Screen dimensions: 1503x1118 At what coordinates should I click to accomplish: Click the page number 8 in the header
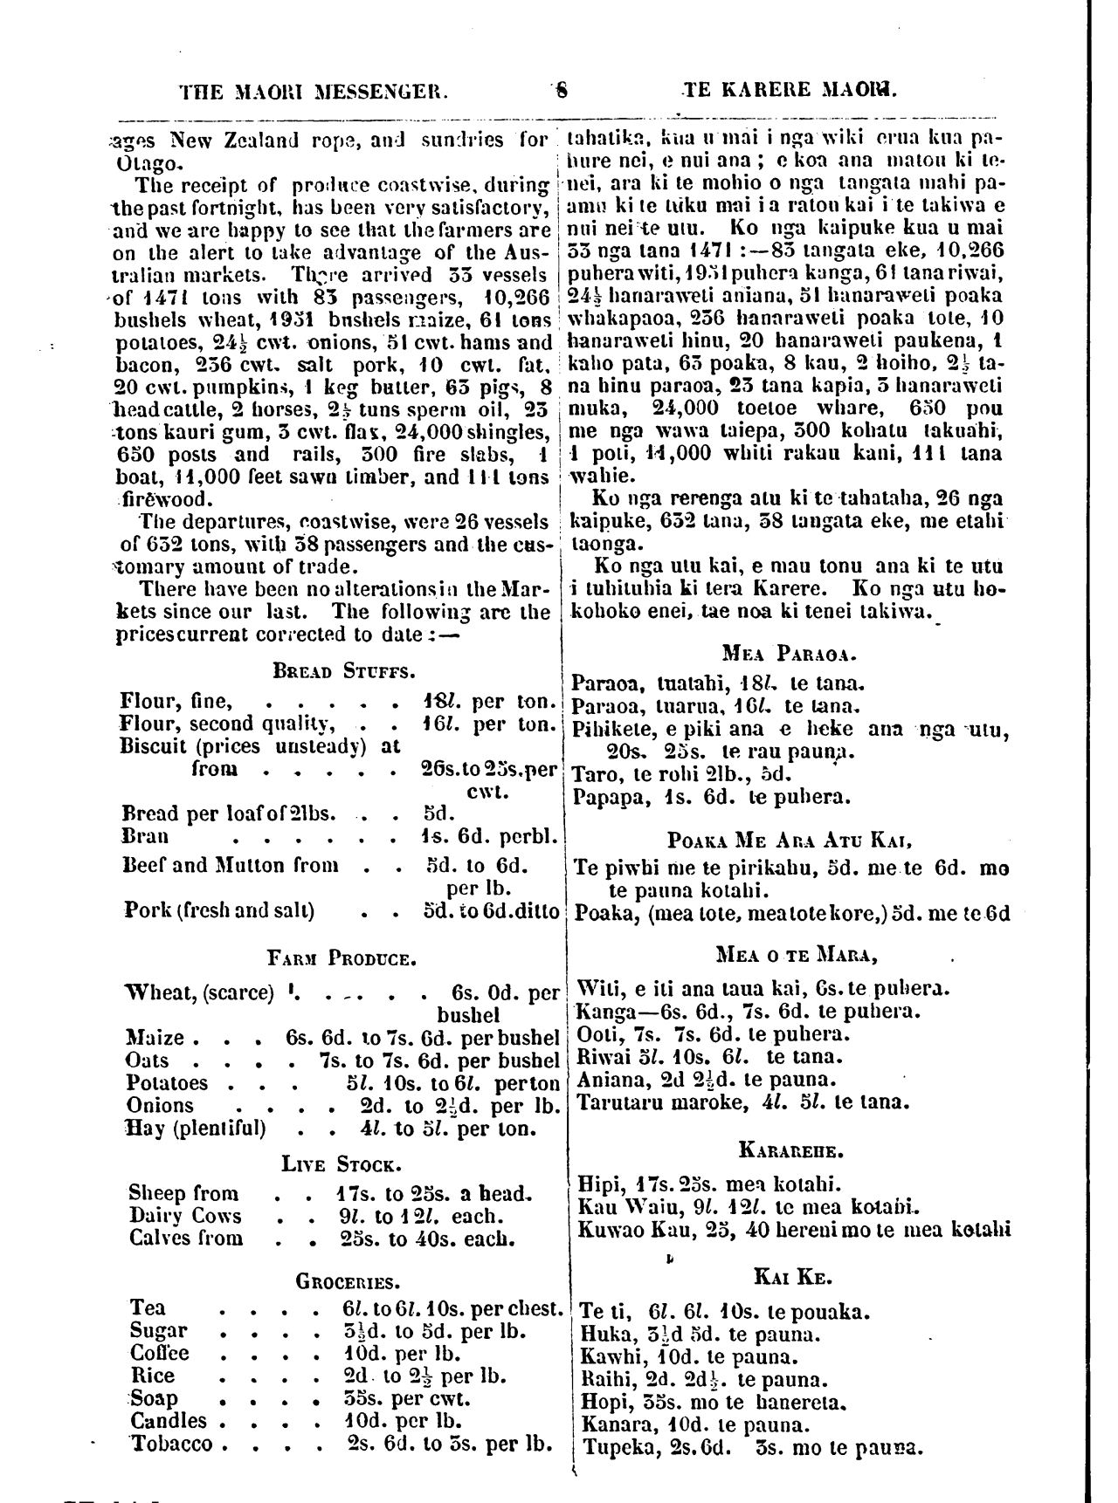click(562, 88)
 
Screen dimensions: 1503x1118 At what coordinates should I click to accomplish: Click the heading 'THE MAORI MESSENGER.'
click(314, 89)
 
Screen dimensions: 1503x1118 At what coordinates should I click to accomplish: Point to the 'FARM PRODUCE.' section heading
click(342, 959)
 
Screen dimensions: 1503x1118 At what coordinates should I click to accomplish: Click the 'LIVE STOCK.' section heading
click(341, 1164)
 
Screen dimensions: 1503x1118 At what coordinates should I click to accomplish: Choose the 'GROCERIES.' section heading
click(348, 1281)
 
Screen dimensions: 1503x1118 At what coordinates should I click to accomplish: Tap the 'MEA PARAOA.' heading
click(790, 652)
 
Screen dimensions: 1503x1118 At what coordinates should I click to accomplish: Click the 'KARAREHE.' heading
click(791, 1150)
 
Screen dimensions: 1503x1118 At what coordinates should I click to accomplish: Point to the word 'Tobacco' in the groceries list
click(171, 1444)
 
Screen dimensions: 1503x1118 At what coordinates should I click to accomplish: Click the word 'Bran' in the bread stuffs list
click(145, 836)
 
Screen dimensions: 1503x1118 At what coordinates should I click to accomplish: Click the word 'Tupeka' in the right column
click(612, 1445)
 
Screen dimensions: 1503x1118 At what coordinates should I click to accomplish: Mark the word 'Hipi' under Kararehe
click(597, 1184)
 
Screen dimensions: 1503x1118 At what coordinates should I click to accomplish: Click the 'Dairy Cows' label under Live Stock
click(185, 1216)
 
